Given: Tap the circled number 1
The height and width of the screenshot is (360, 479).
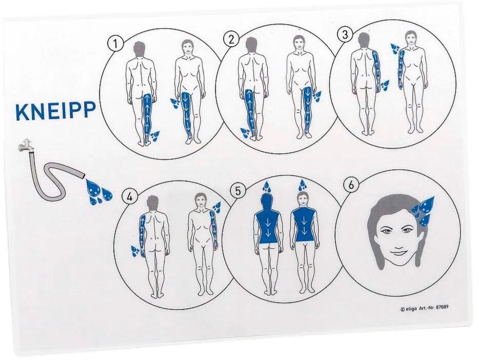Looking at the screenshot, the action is [115, 44].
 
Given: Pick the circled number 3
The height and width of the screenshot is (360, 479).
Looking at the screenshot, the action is [345, 34].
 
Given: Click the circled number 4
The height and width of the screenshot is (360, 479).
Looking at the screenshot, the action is [130, 196].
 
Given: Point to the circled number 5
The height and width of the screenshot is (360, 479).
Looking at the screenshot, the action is [238, 191].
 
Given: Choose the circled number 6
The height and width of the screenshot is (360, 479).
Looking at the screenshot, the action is [351, 185].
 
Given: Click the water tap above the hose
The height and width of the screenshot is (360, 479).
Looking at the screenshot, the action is [25, 145].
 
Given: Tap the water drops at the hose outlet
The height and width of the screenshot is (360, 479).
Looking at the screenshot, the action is [98, 191].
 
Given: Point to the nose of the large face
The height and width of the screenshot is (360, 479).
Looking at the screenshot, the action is [397, 241].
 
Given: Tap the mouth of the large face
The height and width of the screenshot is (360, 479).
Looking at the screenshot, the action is [398, 253].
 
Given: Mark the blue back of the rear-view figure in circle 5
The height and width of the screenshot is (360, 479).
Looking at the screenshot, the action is [267, 225].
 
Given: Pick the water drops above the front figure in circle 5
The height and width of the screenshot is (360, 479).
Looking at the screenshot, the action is [303, 185].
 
